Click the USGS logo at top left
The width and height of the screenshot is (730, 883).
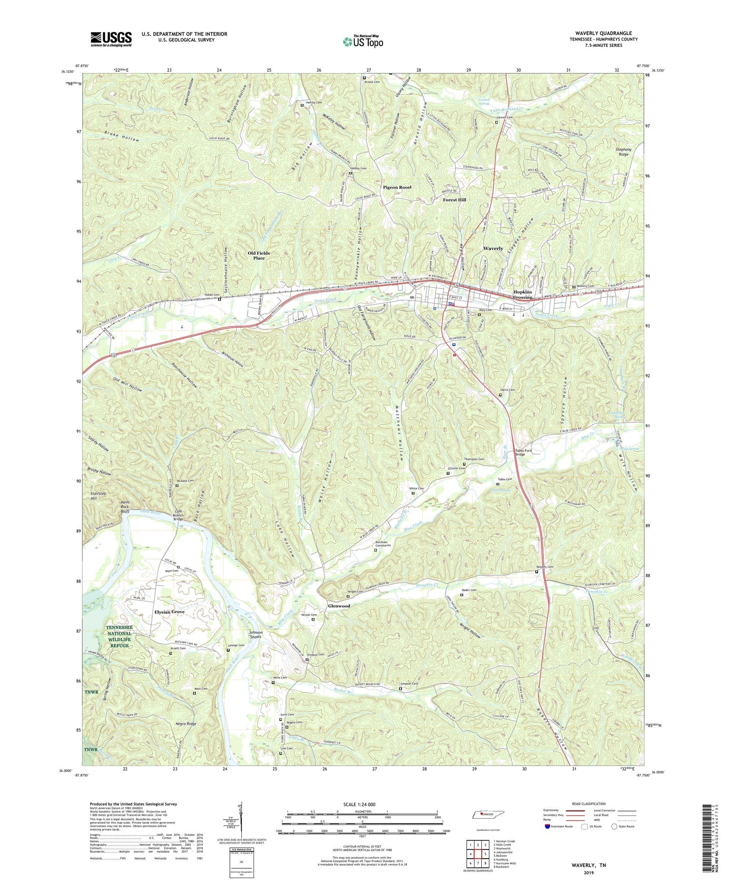click(111, 39)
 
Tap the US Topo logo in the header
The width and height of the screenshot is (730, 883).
click(363, 41)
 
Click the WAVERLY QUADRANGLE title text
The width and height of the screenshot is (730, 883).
click(603, 33)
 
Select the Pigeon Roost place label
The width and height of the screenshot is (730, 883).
click(397, 188)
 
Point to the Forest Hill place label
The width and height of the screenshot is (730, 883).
click(454, 200)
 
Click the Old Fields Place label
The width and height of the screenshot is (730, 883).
click(258, 256)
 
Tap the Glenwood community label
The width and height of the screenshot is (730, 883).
click(339, 606)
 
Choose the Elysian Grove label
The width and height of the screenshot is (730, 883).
click(169, 612)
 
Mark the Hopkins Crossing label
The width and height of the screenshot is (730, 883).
click(523, 294)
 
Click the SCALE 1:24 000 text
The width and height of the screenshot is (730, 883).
click(362, 804)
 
